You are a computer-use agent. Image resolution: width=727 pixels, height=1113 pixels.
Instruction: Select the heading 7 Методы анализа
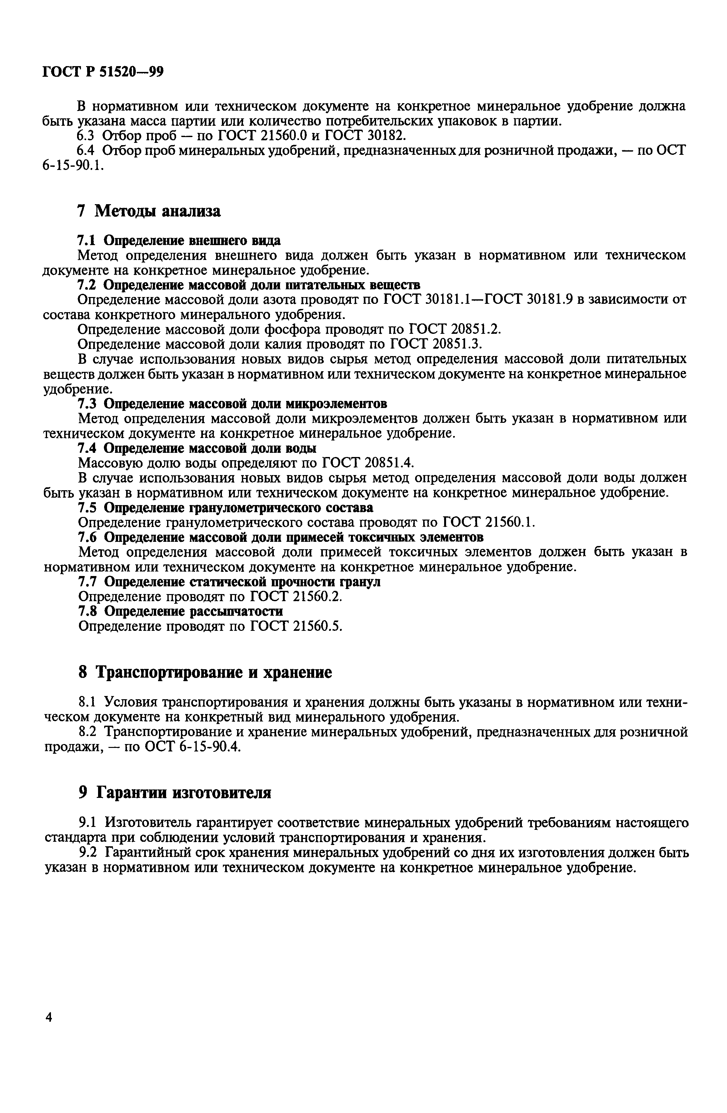pos(148,211)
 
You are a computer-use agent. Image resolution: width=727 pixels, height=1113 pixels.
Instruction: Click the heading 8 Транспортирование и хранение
pos(204,672)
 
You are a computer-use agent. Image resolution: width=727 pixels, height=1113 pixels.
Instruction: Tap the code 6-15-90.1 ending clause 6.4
pos(72,165)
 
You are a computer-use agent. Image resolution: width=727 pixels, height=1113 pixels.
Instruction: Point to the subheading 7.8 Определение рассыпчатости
pos(180,611)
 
